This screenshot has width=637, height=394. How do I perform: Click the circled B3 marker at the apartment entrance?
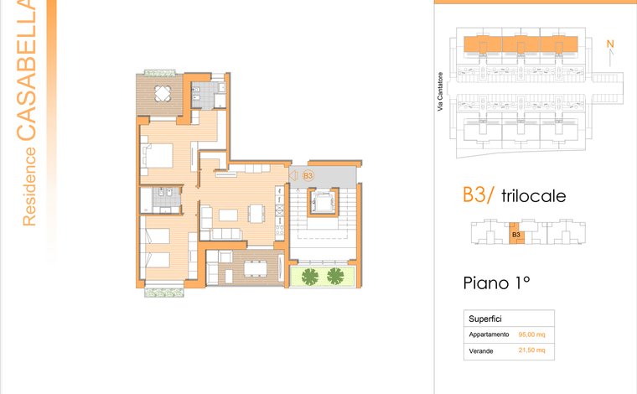coord(308,175)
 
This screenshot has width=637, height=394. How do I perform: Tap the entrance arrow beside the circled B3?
coord(293,175)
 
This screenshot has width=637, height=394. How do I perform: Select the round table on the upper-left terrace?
coord(163,93)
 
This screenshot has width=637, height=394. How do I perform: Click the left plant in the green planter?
coord(310,277)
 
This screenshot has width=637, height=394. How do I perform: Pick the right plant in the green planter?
coord(335,276)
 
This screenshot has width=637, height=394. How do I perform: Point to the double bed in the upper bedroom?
coord(158,156)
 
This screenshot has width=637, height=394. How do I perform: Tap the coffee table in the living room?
coord(228,215)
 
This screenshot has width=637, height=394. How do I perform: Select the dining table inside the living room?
coord(256,213)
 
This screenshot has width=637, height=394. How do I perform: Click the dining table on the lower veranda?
coord(255,268)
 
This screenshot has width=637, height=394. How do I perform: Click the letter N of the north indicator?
coord(610,44)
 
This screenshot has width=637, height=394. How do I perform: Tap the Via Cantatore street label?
coord(440,92)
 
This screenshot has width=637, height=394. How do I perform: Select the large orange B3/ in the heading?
coord(478,194)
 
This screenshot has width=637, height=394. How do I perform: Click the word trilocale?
coord(533,196)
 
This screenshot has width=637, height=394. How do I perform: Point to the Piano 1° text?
coord(496,283)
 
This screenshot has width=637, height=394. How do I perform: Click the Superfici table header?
coord(485,319)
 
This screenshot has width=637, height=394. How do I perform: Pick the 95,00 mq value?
coord(531,334)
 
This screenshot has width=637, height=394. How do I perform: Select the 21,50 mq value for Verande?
coord(531,350)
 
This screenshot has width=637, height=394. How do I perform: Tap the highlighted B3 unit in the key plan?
coord(516,234)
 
